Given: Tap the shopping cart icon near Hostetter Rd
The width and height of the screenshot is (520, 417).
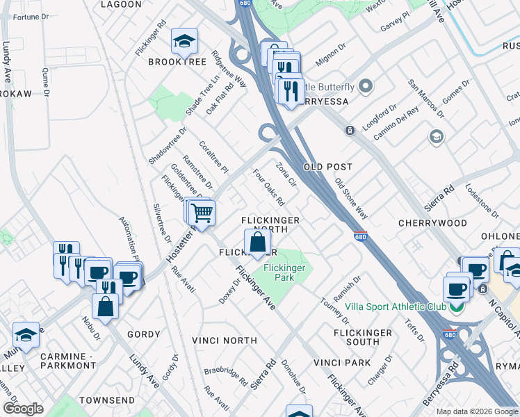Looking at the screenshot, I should [x=202, y=213].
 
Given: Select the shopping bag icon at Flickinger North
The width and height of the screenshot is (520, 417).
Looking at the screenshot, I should [x=257, y=242].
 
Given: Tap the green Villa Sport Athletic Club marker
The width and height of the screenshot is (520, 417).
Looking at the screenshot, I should [x=457, y=307].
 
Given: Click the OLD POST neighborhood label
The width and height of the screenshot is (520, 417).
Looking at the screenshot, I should [x=327, y=167].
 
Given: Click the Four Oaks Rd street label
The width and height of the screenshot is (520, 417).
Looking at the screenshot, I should [x=268, y=188].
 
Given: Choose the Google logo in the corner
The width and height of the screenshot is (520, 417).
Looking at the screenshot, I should [x=23, y=409].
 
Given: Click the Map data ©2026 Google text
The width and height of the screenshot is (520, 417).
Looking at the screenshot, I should [x=476, y=411].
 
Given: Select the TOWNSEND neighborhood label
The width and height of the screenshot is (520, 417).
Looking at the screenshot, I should [x=106, y=401].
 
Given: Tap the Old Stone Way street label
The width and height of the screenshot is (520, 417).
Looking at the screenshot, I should [x=350, y=198].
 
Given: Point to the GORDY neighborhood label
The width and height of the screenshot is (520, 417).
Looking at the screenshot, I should [x=143, y=334].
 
